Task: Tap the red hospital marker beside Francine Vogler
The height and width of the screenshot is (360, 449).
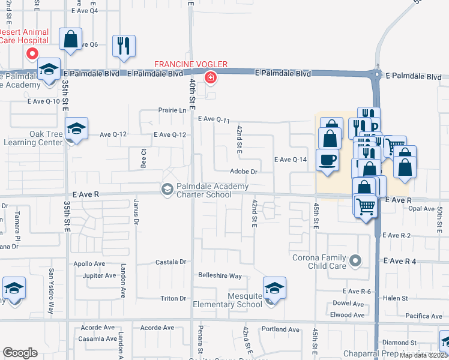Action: (x=210, y=77)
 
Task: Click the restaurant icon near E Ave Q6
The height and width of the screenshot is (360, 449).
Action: (x=124, y=46)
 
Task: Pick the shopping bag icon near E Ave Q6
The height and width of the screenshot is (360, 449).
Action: (x=71, y=40)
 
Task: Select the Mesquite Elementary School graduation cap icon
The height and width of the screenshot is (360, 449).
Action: (x=274, y=288)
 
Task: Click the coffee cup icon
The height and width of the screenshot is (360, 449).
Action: (x=327, y=160)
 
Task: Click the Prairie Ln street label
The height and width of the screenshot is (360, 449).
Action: (x=173, y=110)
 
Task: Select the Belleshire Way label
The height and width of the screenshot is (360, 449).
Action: (x=220, y=276)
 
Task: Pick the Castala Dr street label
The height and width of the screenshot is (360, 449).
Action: (x=171, y=262)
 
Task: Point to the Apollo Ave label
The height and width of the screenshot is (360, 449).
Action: (x=89, y=263)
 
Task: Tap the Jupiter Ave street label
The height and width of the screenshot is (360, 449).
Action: (x=98, y=276)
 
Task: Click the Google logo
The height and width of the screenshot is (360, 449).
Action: (x=20, y=353)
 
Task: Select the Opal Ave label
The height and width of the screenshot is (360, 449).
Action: (x=421, y=209)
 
